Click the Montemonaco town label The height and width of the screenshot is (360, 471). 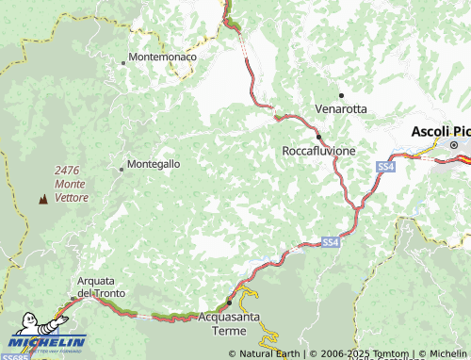tap(162, 57)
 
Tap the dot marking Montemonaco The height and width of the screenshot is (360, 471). tap(123, 63)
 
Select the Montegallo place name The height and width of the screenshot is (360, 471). tap(153, 163)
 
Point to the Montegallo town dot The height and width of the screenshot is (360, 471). tap(121, 170)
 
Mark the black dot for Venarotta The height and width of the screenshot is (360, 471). tap(341, 95)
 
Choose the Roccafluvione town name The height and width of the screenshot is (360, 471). tap(319, 150)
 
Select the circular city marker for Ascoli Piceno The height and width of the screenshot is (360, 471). tap(453, 145)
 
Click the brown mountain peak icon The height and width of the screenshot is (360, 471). tap(41, 199)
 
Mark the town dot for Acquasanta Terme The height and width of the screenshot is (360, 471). tap(229, 303)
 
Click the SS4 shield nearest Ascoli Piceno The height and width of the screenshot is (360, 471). tap(385, 167)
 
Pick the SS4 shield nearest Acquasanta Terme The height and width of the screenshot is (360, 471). tap(329, 243)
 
